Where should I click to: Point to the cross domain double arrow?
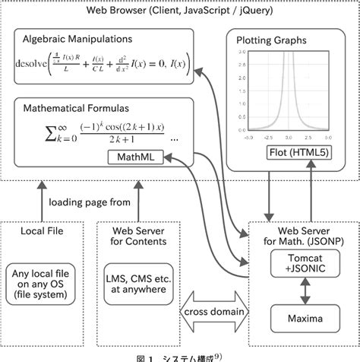coord(216,313)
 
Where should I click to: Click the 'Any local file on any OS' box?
coord(43,282)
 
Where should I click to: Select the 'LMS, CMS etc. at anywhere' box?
coord(137,282)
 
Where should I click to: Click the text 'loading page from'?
coord(90,202)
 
